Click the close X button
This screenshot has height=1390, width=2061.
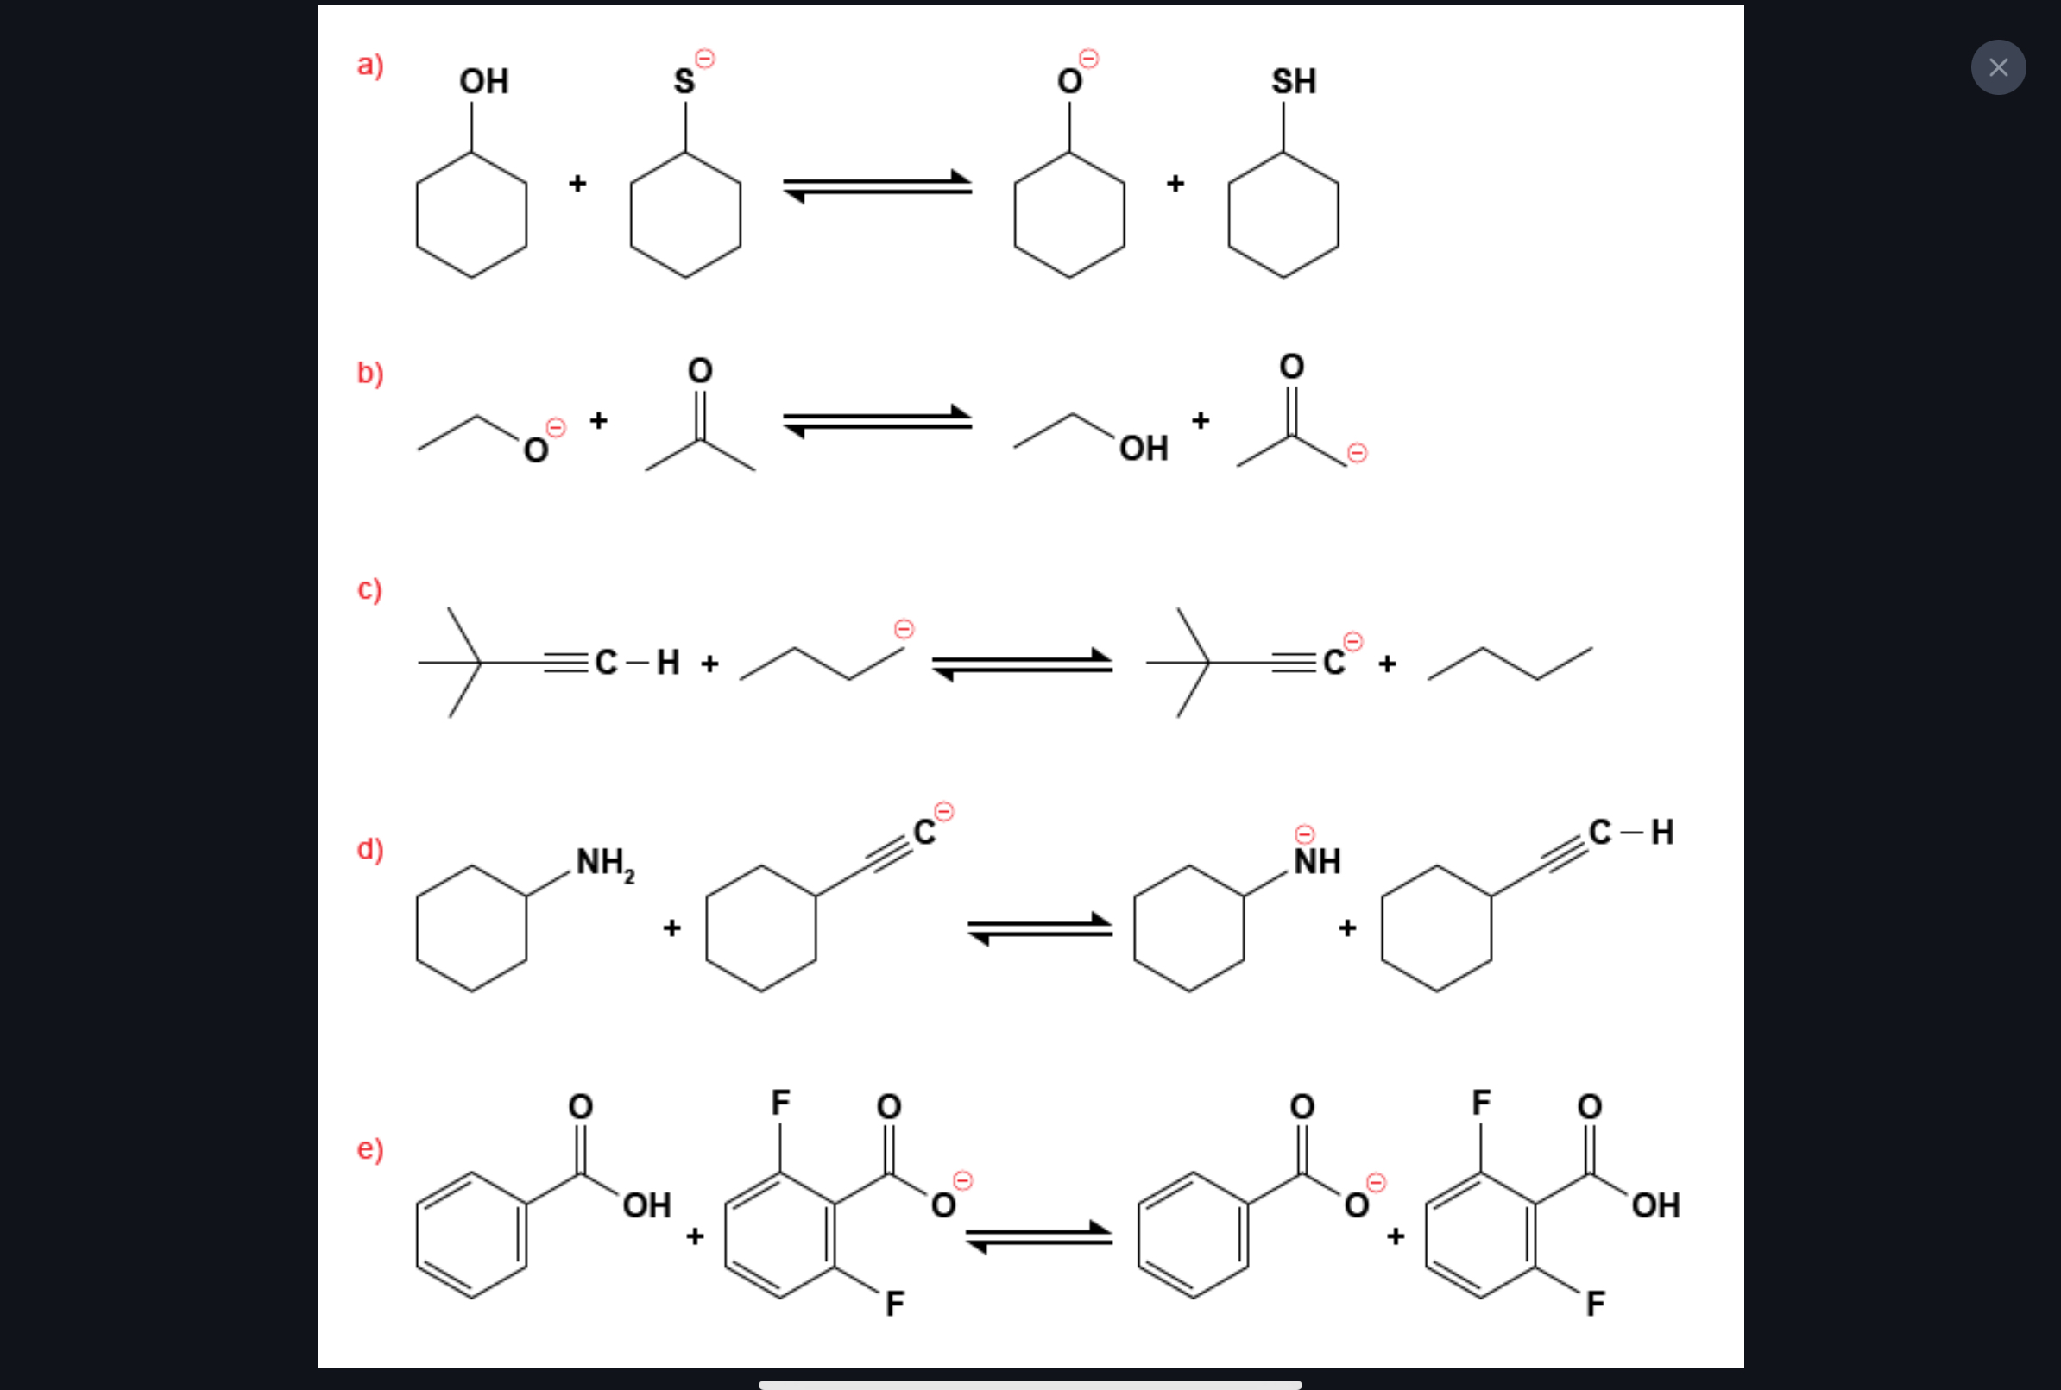pos(1998,67)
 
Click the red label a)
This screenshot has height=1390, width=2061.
pos(369,66)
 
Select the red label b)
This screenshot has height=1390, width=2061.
pos(369,374)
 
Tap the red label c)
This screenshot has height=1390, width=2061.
pos(369,589)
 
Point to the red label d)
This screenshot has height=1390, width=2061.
pos(369,849)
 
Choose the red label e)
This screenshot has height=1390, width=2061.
pos(369,1149)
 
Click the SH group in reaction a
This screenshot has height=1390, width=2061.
pos(1294,82)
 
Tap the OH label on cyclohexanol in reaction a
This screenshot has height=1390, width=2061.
pos(483,82)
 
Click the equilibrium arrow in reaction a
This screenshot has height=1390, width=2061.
pos(878,186)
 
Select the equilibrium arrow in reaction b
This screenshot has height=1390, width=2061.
pos(878,422)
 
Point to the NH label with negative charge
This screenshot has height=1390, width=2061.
pos(1316,861)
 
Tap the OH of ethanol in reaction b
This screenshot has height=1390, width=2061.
pos(1144,449)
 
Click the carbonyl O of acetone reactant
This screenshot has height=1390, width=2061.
pos(700,370)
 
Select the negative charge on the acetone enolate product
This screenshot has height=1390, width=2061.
pos(1356,454)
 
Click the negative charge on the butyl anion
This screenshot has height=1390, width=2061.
pos(904,629)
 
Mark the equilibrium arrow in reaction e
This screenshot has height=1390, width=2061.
pos(1039,1237)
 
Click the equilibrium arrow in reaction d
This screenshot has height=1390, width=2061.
pos(1040,929)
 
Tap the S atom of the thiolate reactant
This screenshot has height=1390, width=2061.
pos(684,82)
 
